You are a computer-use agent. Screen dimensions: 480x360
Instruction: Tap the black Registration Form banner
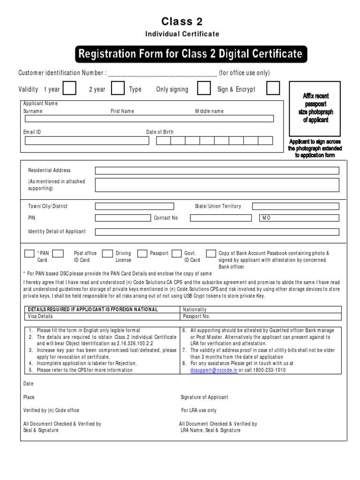191,54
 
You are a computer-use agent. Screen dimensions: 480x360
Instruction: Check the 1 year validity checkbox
69,89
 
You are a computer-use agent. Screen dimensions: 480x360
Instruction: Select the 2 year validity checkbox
118,89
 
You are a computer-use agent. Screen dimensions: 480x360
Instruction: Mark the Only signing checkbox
204,89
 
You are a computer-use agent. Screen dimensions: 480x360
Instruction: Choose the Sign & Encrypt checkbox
273,89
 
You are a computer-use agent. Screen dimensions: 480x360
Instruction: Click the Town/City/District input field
134,206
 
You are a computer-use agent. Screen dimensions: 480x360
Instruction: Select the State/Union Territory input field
295,206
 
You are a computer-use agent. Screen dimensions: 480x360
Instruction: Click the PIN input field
123,218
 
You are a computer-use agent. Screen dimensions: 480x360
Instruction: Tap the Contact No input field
221,218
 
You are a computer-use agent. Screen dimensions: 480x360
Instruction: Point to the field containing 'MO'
299,218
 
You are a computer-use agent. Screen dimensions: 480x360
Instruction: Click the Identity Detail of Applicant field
217,232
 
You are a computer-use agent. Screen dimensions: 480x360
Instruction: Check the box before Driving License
107,254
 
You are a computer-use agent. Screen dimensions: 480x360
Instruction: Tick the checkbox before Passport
142,254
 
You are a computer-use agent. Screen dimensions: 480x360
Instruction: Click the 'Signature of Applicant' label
204,397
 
